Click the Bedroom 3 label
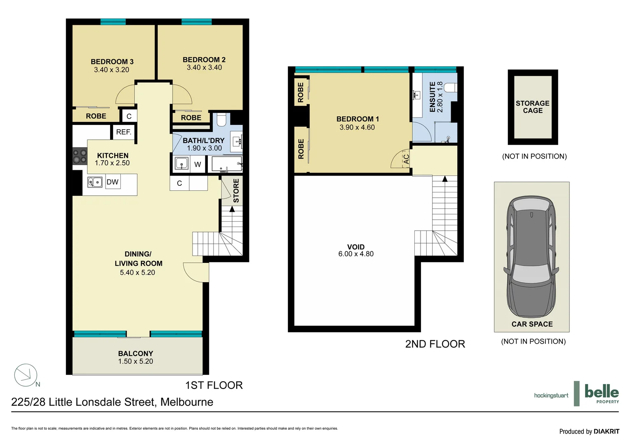112,62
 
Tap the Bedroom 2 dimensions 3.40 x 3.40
204,68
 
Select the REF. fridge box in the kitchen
123,132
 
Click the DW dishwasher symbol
113,182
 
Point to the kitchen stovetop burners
80,157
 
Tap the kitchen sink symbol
95,182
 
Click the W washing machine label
197,164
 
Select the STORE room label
236,190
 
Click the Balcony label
135,354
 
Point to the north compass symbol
26,375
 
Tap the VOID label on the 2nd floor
355,247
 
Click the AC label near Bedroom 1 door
407,159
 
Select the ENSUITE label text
432,97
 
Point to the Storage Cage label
532,107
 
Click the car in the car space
531,255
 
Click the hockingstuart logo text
551,396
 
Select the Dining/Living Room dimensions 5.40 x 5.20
137,272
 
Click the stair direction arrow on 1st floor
232,209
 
